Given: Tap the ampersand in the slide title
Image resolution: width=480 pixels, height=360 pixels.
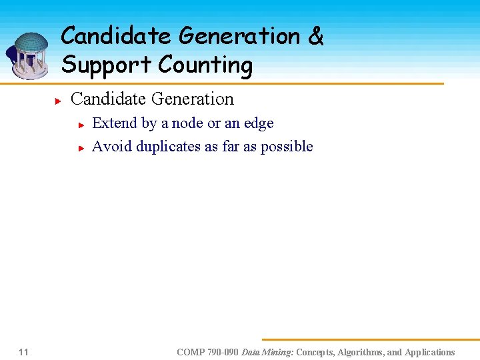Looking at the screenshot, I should (315, 37).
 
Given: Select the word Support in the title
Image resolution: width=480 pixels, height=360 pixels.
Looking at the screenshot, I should (107, 65).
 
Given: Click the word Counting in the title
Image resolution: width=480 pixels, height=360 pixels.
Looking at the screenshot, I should (205, 65).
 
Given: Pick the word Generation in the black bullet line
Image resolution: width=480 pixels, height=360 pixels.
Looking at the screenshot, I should (193, 99).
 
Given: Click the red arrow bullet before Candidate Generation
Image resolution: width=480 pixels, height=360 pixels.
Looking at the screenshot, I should (59, 101).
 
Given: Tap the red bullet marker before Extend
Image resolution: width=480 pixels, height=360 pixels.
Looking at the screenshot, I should (80, 125).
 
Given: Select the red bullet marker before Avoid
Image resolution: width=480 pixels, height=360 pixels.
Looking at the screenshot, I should (80, 148).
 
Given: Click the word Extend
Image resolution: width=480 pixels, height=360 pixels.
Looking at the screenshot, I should (114, 123).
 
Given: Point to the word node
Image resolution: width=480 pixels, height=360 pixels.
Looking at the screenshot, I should (188, 123).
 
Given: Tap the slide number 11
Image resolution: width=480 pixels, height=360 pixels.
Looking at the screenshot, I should (23, 352).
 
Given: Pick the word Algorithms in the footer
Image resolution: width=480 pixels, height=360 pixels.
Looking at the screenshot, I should (357, 352).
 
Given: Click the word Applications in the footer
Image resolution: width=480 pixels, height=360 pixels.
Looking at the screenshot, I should (429, 352).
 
